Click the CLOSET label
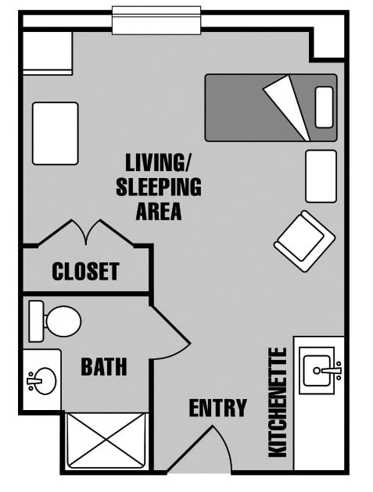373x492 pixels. pos(85,271)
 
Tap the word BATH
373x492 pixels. pos(104,366)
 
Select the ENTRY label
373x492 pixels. pos(217,408)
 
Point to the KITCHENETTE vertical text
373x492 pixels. pos(278,402)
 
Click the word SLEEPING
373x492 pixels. pos(159,187)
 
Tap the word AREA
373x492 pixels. pos(159,211)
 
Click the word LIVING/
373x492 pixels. pos(159,162)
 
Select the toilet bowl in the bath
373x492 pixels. pos(63,321)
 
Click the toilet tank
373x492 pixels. pos(36,321)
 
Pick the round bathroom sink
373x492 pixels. pos(43,381)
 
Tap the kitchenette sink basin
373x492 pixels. pos(317,371)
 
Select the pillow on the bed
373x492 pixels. pos(324,107)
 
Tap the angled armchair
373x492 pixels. pos(304,241)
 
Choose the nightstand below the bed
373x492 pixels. pos(321,176)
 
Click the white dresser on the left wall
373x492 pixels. pos(56,134)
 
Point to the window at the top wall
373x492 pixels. pos(156,20)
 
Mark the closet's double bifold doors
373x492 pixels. pos(87,233)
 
